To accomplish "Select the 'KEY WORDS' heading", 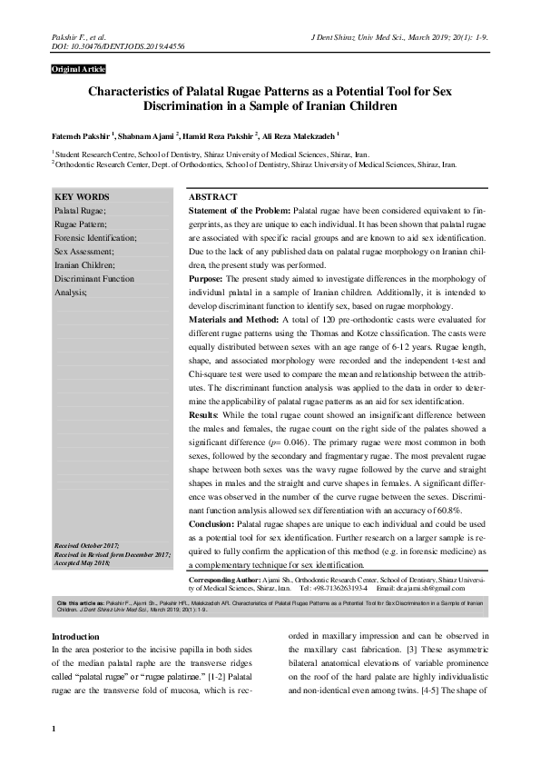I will click(x=82, y=197).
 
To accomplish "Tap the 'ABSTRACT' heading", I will click(x=212, y=197).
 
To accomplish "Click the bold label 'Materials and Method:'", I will click(x=233, y=321).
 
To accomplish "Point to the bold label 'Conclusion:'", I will click(x=215, y=524).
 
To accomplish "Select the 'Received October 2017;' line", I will click(x=94, y=544).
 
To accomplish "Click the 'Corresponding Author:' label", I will click(x=223, y=579).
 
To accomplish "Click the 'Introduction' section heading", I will click(x=75, y=636).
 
